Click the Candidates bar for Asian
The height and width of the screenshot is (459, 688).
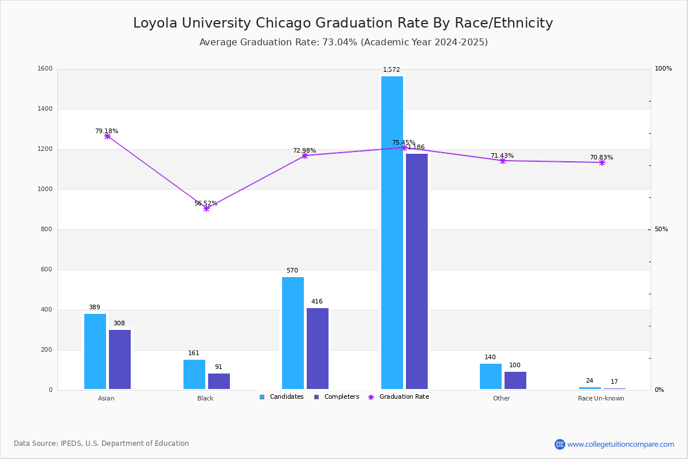point(95,351)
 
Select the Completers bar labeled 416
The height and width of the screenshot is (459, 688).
point(318,348)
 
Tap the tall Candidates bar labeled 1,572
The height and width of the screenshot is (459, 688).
point(392,232)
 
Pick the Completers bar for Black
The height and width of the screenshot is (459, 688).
point(219,381)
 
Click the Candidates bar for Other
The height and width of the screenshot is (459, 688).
point(491,376)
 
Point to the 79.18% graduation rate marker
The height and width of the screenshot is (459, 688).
point(107,136)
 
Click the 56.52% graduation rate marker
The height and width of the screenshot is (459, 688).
point(206,208)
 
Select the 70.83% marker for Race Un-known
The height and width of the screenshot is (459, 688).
point(602,162)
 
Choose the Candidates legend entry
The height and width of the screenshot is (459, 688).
point(282,397)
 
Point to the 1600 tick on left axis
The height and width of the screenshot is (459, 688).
point(46,69)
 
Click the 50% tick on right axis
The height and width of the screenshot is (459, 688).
point(661,229)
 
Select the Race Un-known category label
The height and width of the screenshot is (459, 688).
point(601,398)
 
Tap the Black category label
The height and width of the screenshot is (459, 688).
point(205,398)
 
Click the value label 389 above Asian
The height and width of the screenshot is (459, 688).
point(95,308)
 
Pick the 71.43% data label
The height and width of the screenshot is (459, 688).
point(502,156)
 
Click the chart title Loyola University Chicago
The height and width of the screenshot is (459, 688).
point(343,23)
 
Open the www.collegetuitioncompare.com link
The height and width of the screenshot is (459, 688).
point(620,444)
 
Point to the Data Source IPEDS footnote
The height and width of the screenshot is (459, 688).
point(101,444)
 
